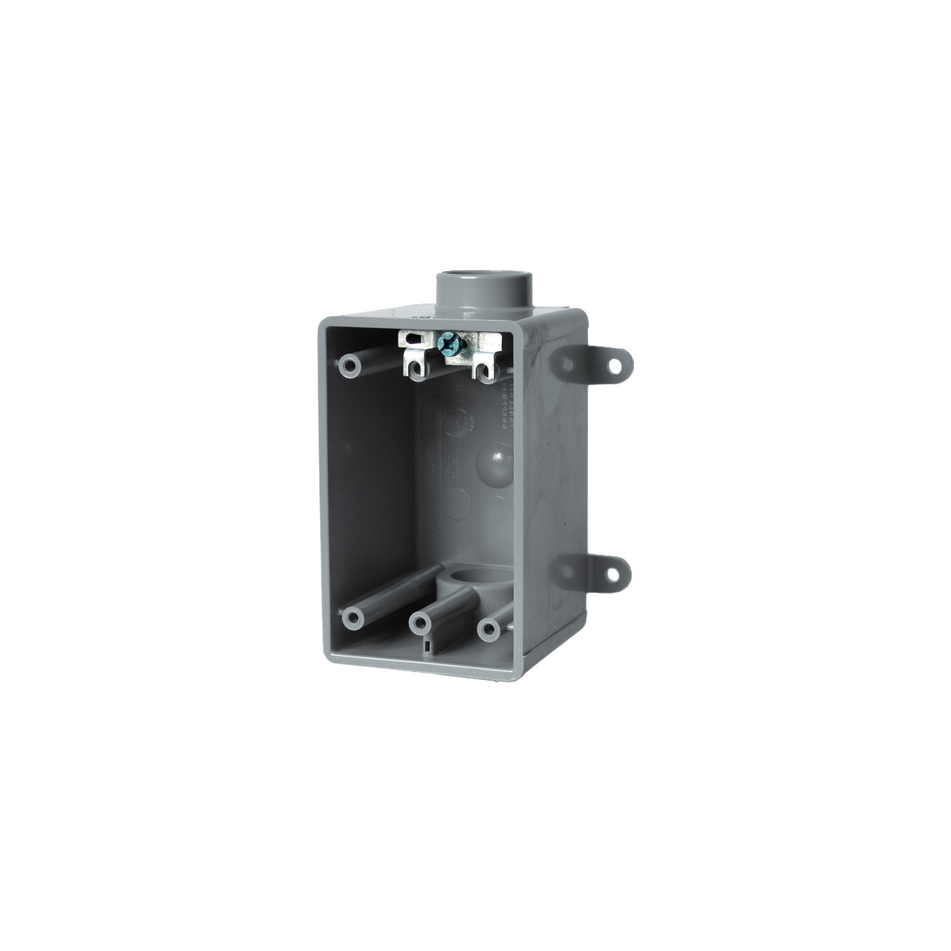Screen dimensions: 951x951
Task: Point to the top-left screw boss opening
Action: point(349,367)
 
